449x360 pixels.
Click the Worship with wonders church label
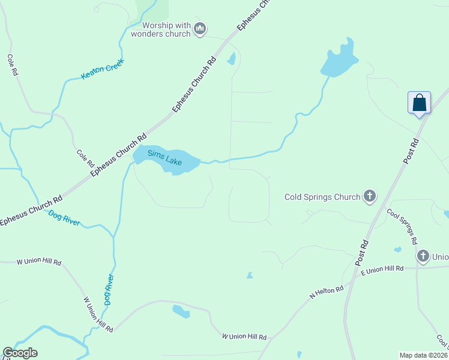pos(166,29)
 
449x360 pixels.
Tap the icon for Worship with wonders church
pos(200,29)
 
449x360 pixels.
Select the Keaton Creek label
pos(102,72)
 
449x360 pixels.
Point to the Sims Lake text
pos(164,158)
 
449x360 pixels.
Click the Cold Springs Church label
pos(322,197)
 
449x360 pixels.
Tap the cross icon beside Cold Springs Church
pos(370,196)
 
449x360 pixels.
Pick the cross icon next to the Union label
pos(423,256)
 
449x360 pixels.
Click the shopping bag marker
pos(419,103)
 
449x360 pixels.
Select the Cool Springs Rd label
pos(402,227)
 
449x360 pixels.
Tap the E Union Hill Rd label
pos(382,269)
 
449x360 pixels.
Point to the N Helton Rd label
pos(326,293)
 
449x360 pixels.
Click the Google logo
pos(20,353)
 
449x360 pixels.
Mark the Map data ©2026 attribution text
pos(424,355)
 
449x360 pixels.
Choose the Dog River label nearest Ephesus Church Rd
pos(64,217)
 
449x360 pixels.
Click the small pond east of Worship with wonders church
pos(231,59)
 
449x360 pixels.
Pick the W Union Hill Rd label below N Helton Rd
pos(244,337)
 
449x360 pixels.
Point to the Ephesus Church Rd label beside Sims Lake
pos(118,154)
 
